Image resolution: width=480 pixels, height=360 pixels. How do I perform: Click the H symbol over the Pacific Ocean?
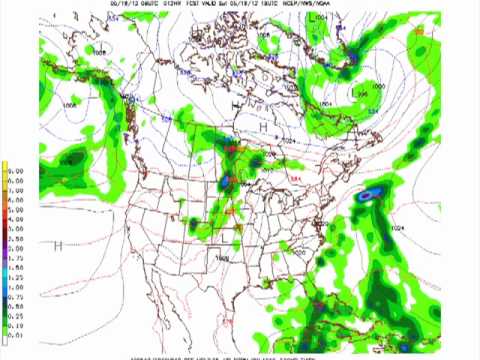coord(58,245)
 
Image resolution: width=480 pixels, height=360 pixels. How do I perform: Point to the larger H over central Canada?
coord(263,129)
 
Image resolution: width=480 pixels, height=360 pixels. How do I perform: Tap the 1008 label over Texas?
coord(221,257)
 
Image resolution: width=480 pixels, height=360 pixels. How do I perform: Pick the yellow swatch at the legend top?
coord(5,166)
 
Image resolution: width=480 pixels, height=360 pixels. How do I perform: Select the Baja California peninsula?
coord(170,290)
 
